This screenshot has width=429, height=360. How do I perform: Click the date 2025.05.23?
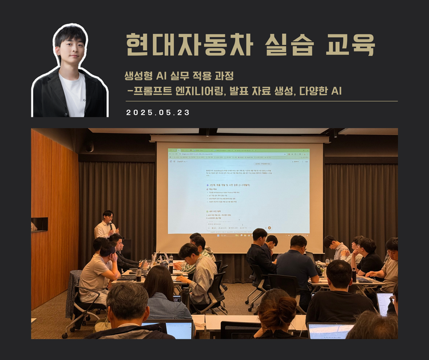pos(158,113)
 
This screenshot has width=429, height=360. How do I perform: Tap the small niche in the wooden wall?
pos(39,224)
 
